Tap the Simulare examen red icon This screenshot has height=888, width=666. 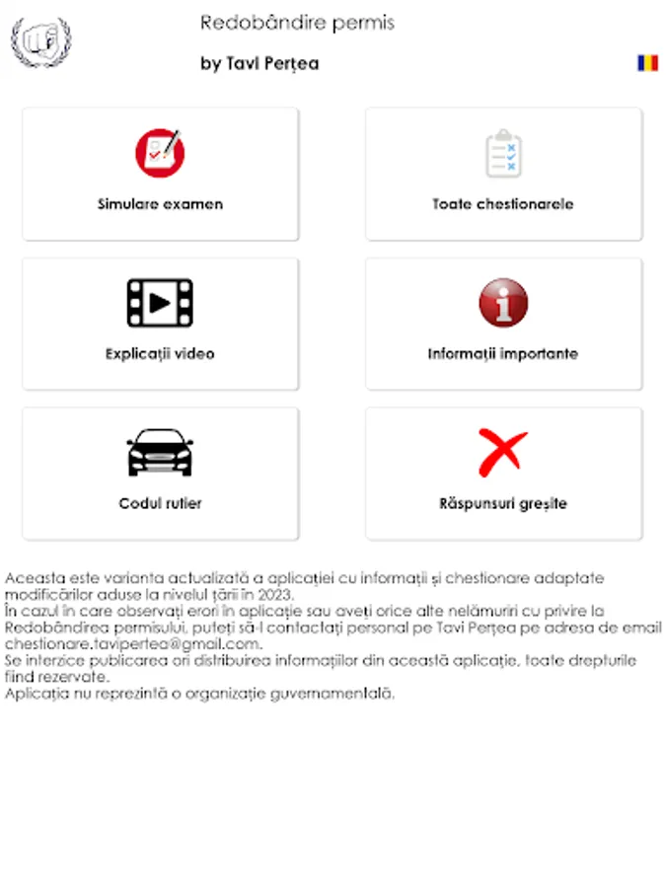(x=160, y=154)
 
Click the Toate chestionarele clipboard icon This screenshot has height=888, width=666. (x=503, y=154)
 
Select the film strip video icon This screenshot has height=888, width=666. (x=160, y=303)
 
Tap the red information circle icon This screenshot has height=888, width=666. (x=503, y=303)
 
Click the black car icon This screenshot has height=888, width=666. (x=160, y=453)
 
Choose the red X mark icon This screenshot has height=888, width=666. (x=503, y=453)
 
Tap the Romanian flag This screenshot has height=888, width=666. (x=647, y=63)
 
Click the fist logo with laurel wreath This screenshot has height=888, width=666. (x=40, y=41)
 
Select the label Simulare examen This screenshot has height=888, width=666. (x=160, y=204)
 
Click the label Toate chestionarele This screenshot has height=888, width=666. (x=503, y=204)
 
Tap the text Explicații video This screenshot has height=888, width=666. (x=160, y=353)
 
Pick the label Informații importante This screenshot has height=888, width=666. (x=503, y=353)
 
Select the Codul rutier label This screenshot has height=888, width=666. (x=160, y=503)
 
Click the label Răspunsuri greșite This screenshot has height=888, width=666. (x=503, y=503)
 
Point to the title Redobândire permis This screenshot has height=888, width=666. (x=297, y=23)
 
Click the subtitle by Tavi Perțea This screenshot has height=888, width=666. (x=259, y=64)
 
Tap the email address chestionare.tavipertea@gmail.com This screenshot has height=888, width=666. (x=132, y=644)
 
